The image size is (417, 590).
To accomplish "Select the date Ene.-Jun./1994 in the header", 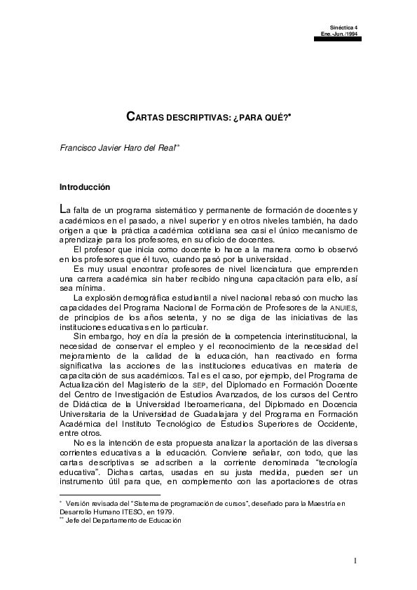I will point(339,33).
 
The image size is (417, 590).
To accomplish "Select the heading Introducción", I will point(85,187).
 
